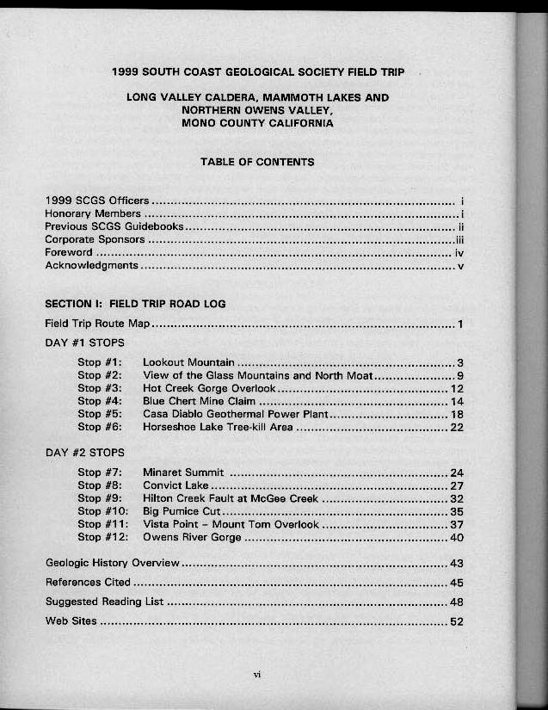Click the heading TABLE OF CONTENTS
click(x=257, y=162)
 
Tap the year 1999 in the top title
click(x=127, y=71)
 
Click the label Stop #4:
click(x=99, y=401)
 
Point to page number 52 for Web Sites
click(x=457, y=621)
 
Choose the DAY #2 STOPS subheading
click(x=84, y=453)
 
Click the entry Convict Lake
click(x=170, y=485)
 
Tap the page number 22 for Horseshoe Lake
click(x=457, y=427)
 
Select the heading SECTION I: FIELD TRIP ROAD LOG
click(x=135, y=304)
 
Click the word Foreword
click(x=69, y=253)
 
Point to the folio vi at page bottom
click(x=256, y=674)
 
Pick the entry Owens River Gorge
click(x=192, y=537)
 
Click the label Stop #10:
click(x=102, y=511)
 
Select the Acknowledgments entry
click(x=91, y=266)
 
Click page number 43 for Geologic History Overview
click(x=457, y=564)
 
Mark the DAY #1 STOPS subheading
click(x=84, y=343)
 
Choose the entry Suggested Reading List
click(x=104, y=602)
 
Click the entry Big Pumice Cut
click(x=182, y=511)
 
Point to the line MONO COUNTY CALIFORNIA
click(x=257, y=123)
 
